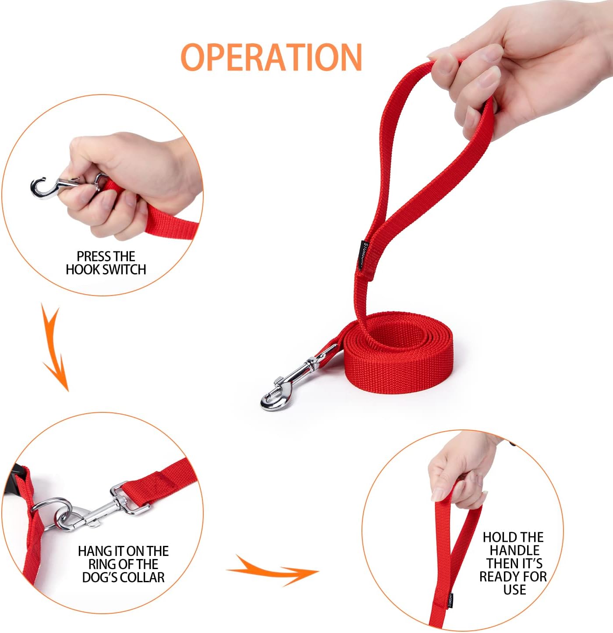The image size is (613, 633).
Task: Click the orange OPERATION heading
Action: click(x=271, y=57)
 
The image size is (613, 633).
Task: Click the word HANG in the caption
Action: click(x=94, y=551)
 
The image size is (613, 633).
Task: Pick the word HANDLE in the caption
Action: click(x=514, y=550)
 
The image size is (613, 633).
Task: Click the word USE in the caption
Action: click(x=514, y=590)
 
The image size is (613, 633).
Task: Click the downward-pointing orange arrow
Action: click(x=55, y=346)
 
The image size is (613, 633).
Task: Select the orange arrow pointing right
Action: click(x=272, y=570)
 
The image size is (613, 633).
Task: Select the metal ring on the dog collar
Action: click(x=52, y=513)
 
